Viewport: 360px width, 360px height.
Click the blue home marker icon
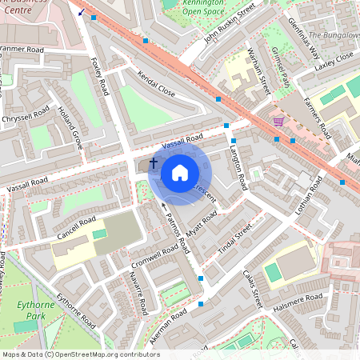[x=180, y=172]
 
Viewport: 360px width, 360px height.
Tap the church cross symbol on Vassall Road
[x=154, y=162]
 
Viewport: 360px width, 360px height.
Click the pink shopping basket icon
[x=278, y=121]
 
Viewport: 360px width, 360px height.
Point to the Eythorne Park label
[x=33, y=310]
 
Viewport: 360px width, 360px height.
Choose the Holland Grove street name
[x=71, y=129]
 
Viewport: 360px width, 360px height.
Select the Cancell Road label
[x=77, y=228]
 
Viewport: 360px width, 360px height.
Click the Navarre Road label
[x=138, y=291]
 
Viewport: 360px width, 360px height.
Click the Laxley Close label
[x=334, y=61]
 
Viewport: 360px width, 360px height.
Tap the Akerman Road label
[x=168, y=323]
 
